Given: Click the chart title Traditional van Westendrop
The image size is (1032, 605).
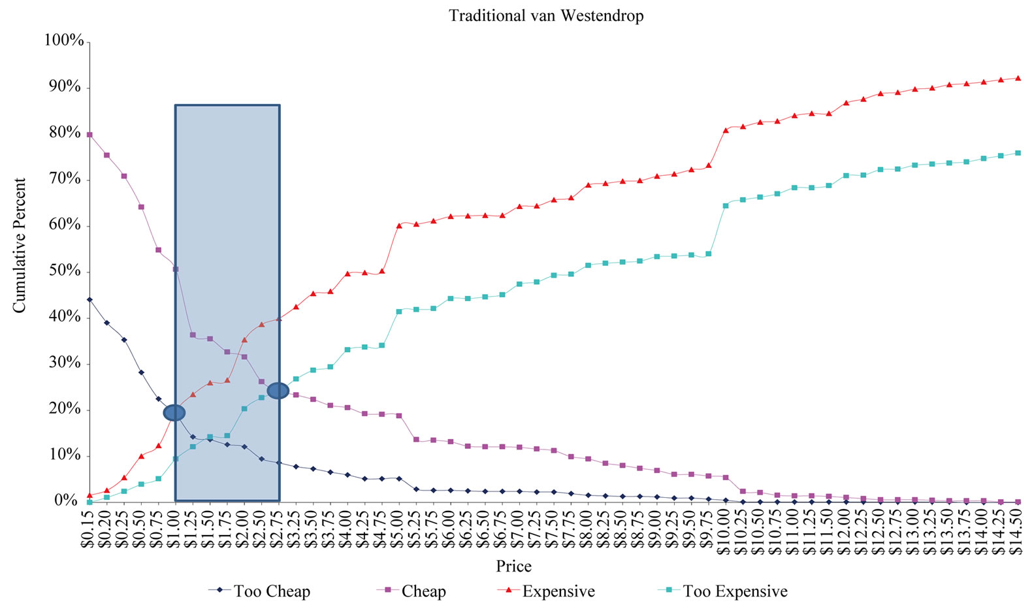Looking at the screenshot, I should pos(546,16).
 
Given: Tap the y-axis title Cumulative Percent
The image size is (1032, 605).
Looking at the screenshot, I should pos(20,246).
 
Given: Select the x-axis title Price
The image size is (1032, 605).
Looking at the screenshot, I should pos(514,566).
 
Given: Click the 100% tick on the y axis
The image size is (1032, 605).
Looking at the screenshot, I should pos(64,41).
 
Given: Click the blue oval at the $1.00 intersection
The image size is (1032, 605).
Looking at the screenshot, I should pos(174,413).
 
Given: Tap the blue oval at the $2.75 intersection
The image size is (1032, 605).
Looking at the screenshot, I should pos(278,391).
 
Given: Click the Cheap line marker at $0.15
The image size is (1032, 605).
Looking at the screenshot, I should pos(89,135).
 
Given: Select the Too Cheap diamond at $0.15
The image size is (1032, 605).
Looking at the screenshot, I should pos(89,300).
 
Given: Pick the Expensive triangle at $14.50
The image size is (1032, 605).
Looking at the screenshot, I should pos(1018,78).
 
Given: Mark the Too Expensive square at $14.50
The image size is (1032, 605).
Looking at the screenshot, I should pos(1018,153).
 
